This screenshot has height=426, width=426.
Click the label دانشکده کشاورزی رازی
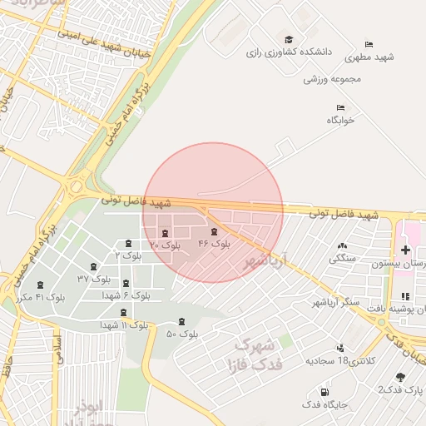click(x=289, y=52)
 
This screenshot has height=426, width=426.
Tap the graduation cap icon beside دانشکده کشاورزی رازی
click(x=289, y=39)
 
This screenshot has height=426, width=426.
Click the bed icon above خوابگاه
click(x=340, y=107)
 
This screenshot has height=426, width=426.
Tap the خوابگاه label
click(x=340, y=120)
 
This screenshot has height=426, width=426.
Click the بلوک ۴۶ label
click(x=215, y=244)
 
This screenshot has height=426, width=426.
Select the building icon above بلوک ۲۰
click(x=164, y=232)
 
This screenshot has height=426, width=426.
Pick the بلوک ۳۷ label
click(x=94, y=278)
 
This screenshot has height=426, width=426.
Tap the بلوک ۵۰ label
click(x=182, y=334)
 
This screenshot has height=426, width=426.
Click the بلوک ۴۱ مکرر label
click(x=38, y=296)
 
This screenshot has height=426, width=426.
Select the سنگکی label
click(x=343, y=258)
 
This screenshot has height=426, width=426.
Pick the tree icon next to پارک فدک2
click(x=401, y=377)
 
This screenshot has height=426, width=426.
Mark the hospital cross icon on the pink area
click(x=405, y=250)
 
